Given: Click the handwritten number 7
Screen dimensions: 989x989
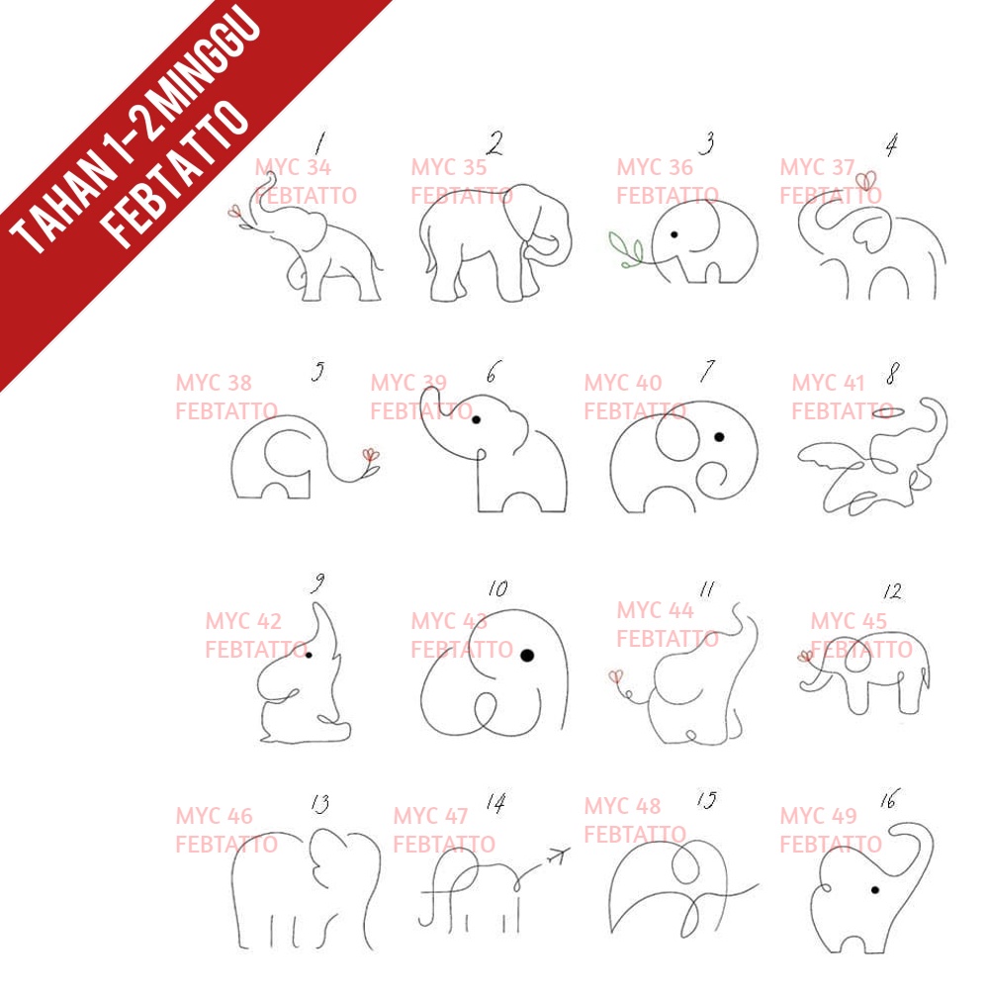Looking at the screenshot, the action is coord(708,370).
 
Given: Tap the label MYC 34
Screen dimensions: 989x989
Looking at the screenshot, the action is coord(293,167).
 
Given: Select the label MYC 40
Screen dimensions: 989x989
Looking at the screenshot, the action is coord(623,382).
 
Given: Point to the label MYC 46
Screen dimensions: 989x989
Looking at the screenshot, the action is coord(214,816).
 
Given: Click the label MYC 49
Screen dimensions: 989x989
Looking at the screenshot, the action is coord(818,816).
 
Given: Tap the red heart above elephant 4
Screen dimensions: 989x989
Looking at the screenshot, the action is coord(866,181).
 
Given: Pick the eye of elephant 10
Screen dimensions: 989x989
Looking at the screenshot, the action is coord(527,656).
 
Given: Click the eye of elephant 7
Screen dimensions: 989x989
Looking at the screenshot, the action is coord(719,436).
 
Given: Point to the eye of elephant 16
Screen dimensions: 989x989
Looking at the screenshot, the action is coord(875,890).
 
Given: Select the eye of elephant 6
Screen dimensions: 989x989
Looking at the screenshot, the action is coord(477,419).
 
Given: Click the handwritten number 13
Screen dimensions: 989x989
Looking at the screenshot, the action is coord(320,803).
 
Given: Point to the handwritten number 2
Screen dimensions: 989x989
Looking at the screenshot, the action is coord(495,143).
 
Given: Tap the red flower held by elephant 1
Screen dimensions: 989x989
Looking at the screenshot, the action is coord(234,211).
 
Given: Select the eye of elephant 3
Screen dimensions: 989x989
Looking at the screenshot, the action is coord(674,234).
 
